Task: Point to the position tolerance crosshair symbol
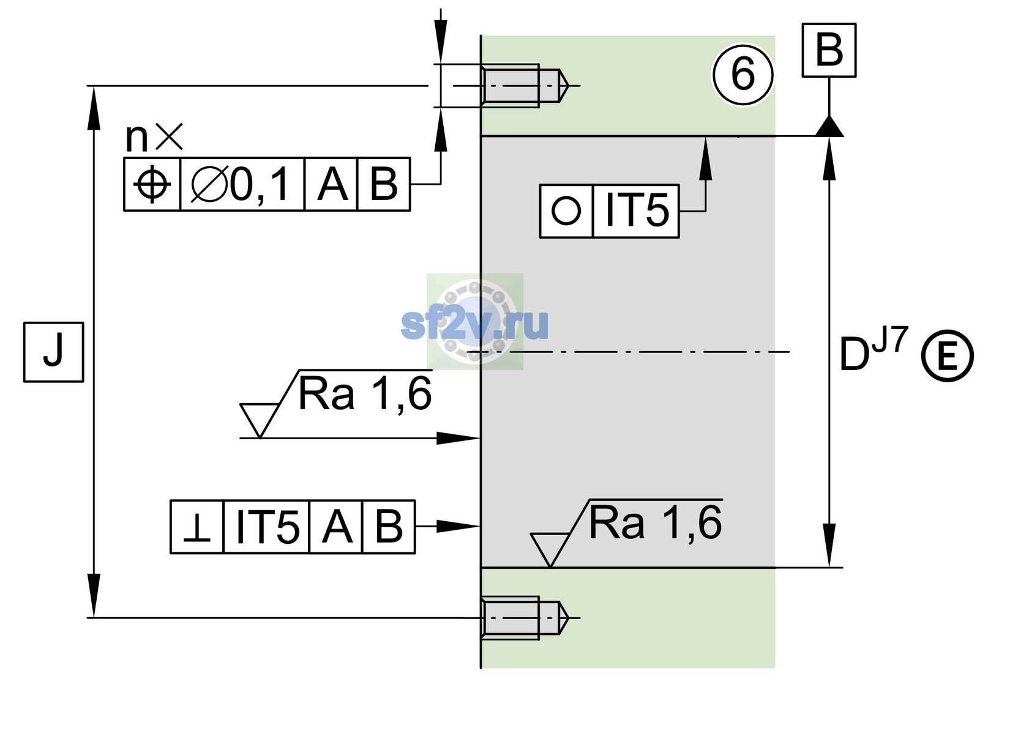[152, 184]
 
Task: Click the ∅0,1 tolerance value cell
[242, 184]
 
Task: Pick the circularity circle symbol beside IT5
[566, 210]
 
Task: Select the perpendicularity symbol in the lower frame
[196, 527]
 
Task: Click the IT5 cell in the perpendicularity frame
[266, 527]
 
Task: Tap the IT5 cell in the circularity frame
[636, 210]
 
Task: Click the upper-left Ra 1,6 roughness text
[364, 394]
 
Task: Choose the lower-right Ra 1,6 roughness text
[655, 523]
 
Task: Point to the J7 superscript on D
[889, 339]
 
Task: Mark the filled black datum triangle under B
[829, 126]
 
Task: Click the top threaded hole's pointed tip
[569, 85]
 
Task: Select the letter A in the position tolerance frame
[332, 184]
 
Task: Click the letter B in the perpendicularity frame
[389, 527]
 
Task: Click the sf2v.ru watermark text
[474, 323]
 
